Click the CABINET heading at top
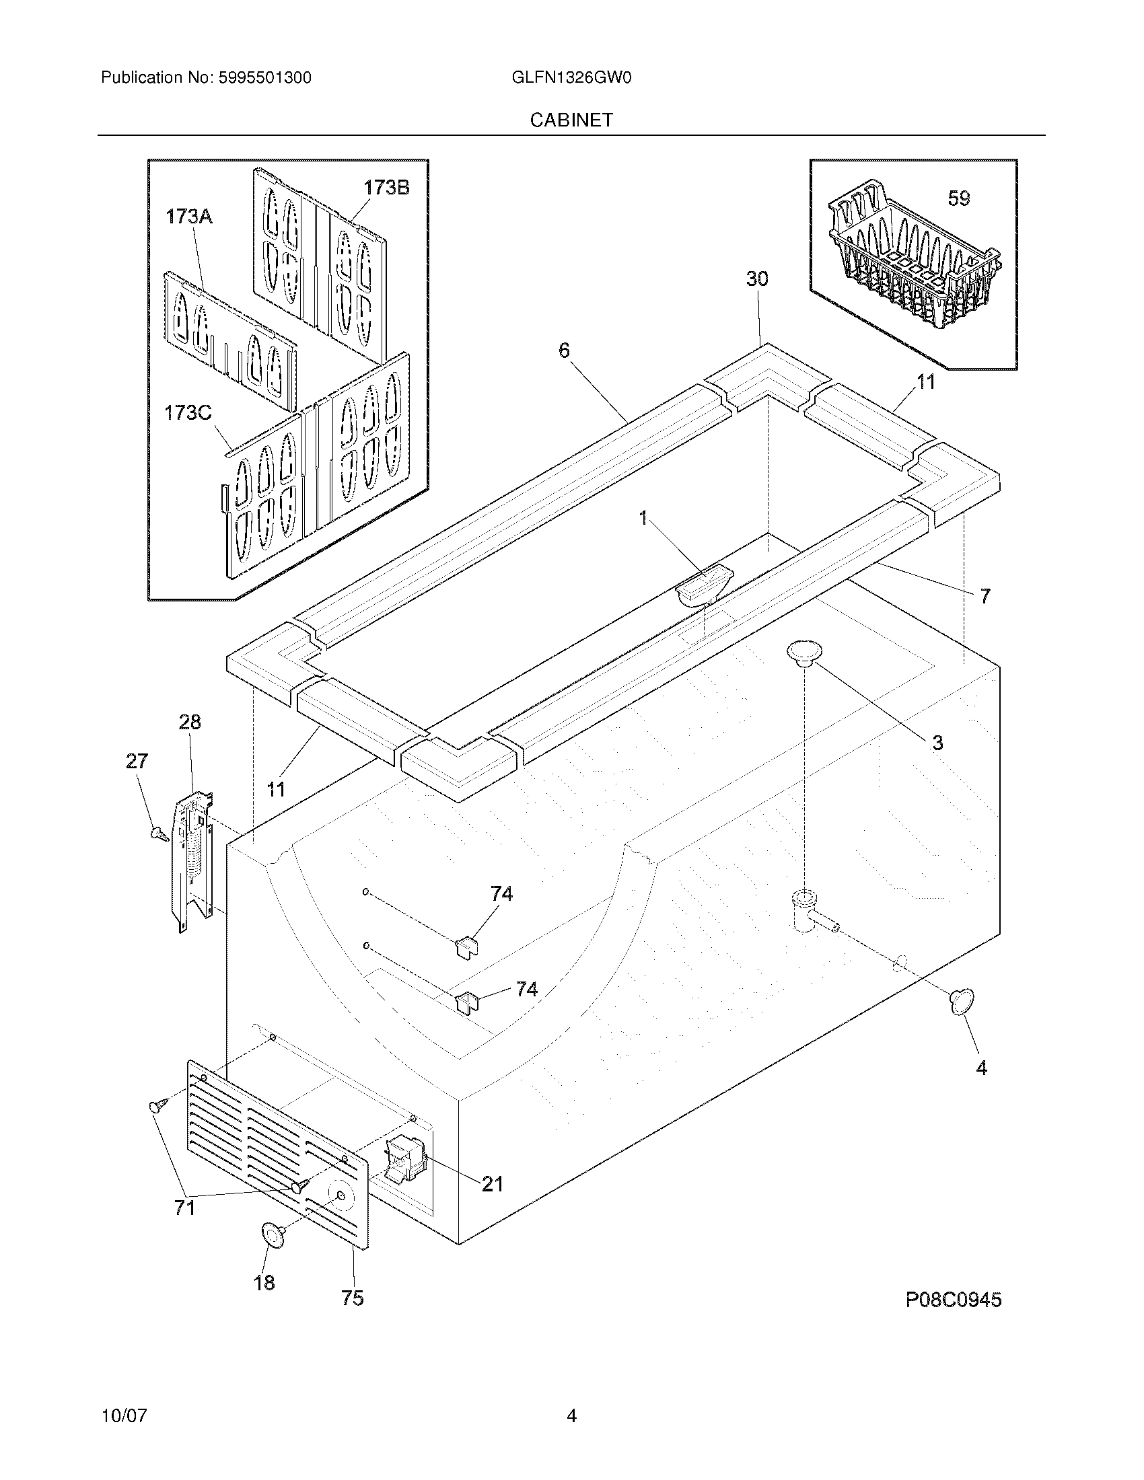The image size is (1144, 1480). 571,120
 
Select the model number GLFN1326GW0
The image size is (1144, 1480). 571,78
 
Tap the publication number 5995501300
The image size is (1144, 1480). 264,78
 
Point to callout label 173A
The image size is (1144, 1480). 189,217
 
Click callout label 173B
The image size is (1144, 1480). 386,188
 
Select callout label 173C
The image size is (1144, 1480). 188,412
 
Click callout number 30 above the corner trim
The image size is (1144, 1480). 757,279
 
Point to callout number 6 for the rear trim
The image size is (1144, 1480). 564,350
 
